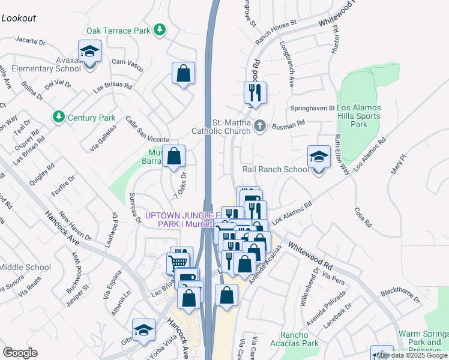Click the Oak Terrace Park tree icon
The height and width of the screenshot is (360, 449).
159,29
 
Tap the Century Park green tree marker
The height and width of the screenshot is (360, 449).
58,116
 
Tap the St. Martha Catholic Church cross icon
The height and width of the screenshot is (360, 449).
259,125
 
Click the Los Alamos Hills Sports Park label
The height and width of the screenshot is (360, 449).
358,116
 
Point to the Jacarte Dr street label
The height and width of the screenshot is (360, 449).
31,42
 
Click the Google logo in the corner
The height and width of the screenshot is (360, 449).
20,352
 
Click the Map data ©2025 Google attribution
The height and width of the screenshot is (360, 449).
412,355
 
